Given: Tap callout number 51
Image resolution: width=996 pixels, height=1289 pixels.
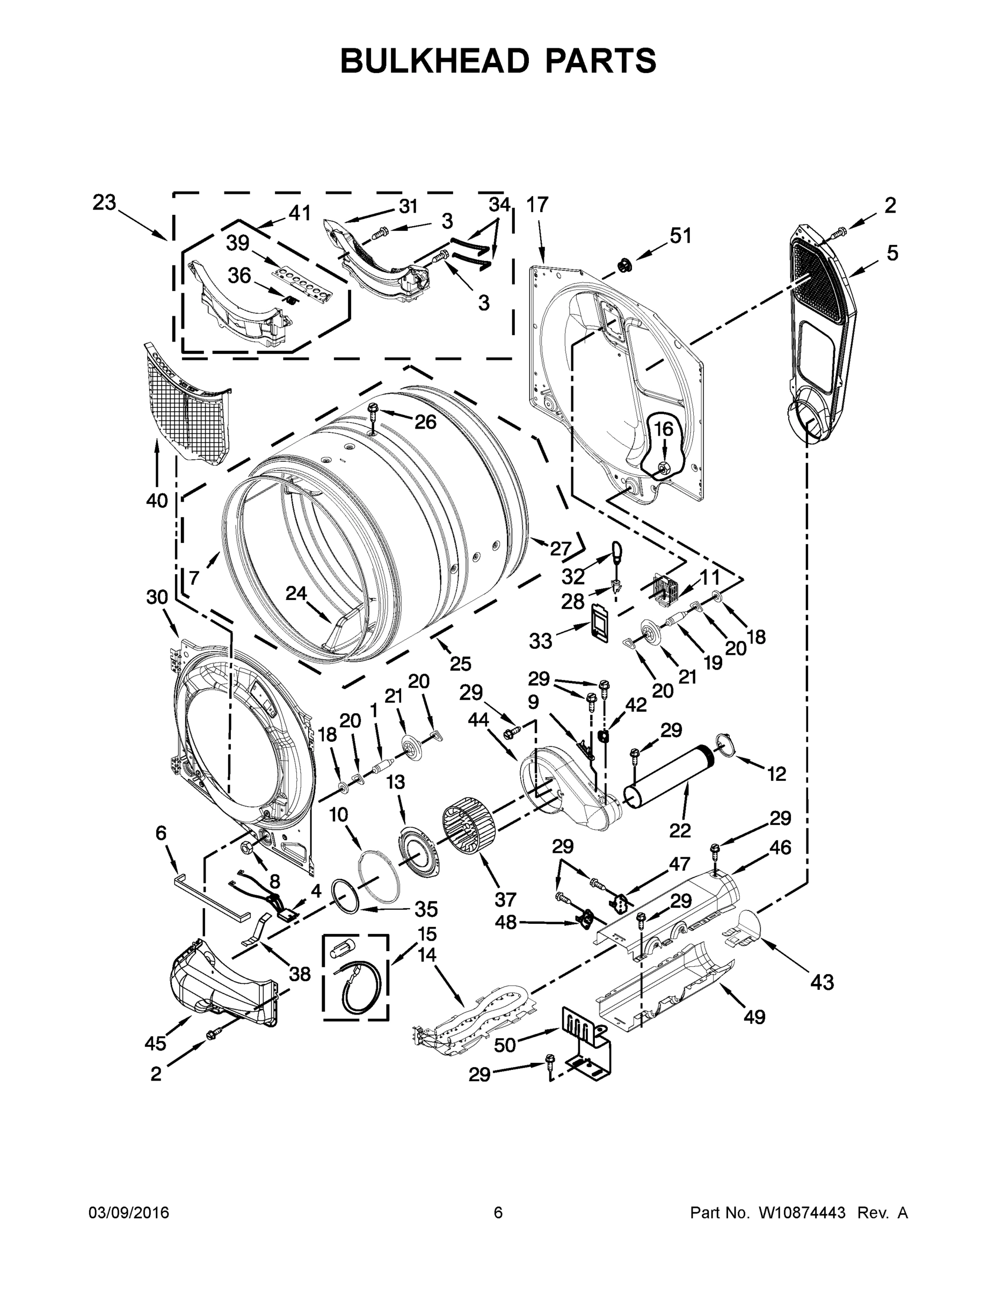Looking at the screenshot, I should (680, 235).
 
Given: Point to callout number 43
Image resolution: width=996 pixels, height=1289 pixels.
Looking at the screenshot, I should (822, 982).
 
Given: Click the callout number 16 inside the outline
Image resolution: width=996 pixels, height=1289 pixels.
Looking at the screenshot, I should (664, 429).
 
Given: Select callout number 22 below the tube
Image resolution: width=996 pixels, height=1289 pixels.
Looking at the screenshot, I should (680, 830).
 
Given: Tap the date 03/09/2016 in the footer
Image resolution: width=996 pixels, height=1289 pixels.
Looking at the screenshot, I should (129, 1212).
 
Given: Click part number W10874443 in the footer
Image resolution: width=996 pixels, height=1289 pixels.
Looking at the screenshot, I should (801, 1212).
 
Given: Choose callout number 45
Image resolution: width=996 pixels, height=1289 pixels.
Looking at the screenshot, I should (155, 1044).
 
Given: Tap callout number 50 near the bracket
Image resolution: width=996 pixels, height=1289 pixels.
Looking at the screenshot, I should (505, 1045).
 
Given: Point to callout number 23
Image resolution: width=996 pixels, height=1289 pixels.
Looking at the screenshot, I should (105, 203).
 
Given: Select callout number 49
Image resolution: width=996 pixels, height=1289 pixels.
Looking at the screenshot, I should (754, 1016).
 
